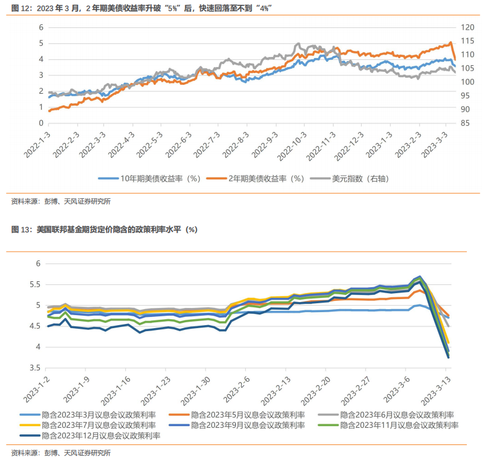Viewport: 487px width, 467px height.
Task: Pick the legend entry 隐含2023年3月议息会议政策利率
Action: (99, 415)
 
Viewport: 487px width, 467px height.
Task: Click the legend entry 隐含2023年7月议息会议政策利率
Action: (99, 425)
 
